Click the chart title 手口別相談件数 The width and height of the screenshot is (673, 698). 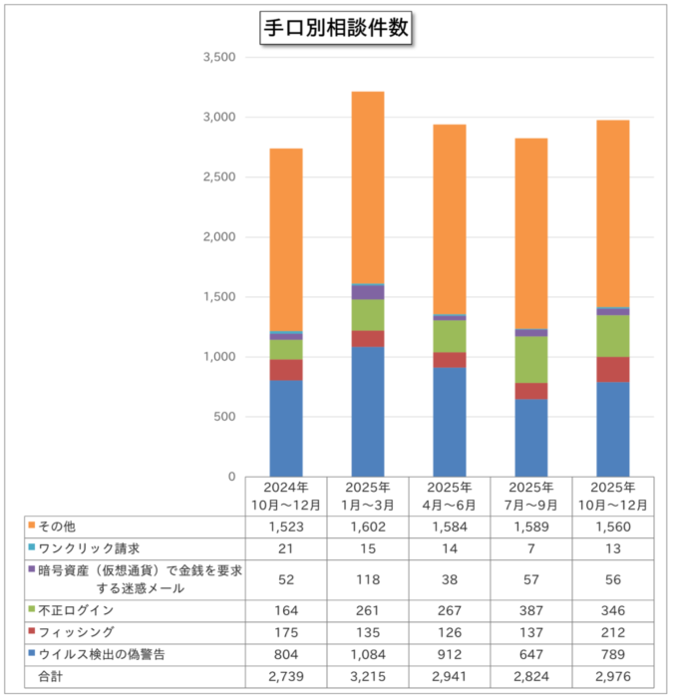point(335,28)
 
